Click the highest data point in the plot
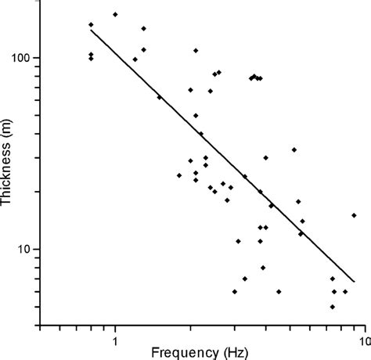click(115, 14)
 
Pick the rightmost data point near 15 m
click(354, 215)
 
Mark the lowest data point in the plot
click(333, 307)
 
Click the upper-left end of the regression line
click(91, 30)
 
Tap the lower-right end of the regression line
click(355, 282)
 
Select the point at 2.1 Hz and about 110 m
click(196, 50)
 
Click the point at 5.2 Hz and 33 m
click(294, 149)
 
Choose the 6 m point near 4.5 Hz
click(279, 291)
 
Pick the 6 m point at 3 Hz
click(235, 291)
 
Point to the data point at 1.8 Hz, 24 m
click(179, 175)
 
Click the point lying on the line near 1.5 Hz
click(160, 97)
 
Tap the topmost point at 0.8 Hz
click(91, 24)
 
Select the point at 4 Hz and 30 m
click(265, 157)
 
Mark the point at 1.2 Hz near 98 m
click(135, 59)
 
